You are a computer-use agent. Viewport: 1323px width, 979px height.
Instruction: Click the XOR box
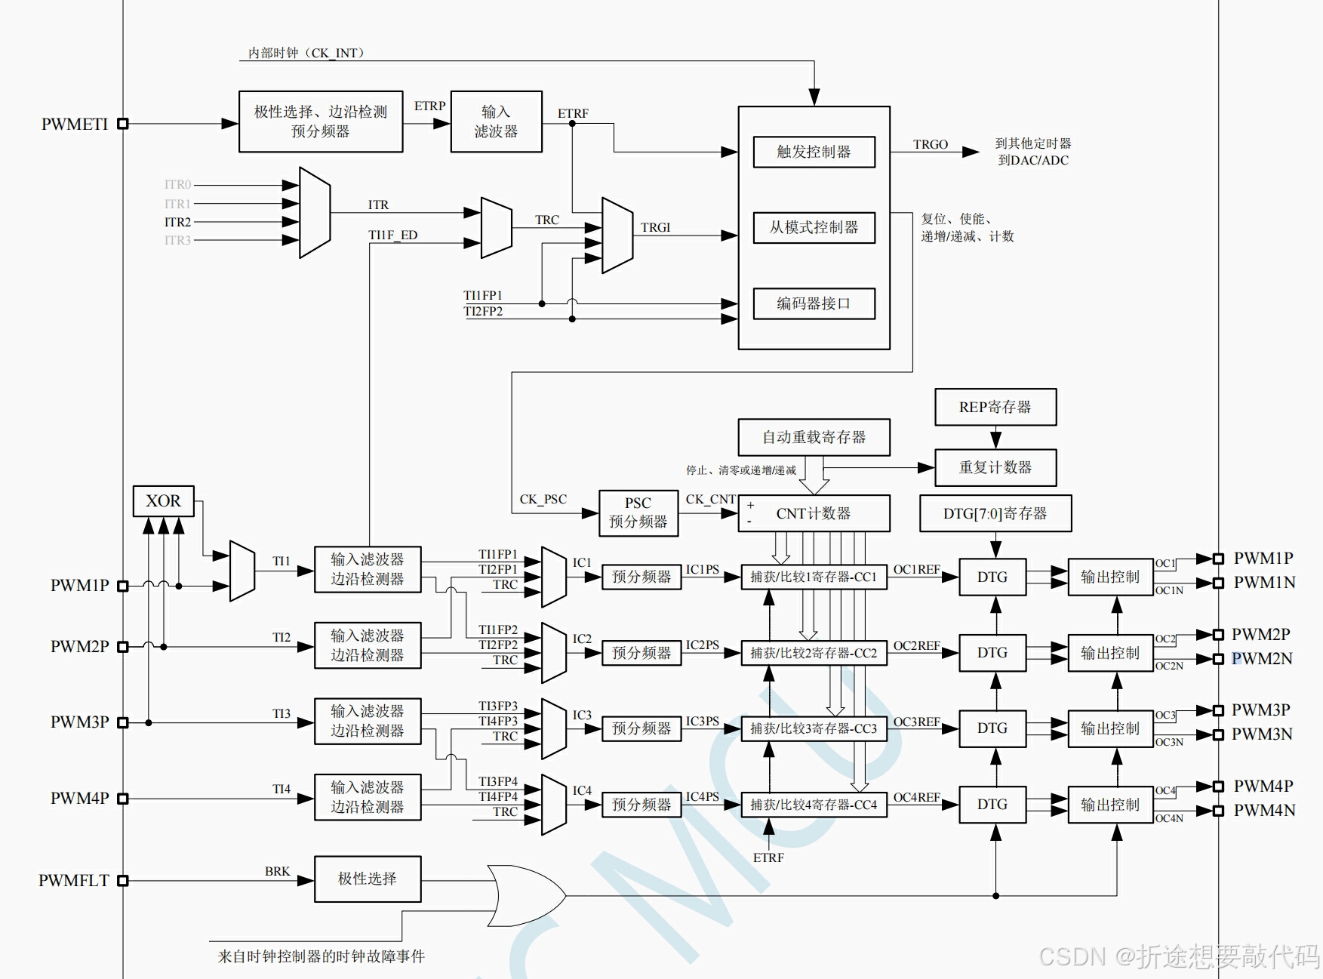tap(163, 501)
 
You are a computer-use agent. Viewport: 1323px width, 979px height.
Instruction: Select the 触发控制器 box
tap(814, 152)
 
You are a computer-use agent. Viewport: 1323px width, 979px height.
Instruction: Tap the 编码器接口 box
tap(814, 303)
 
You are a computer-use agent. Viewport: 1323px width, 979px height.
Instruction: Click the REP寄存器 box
tap(995, 408)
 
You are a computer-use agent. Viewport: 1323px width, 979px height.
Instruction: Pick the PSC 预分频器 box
tap(638, 513)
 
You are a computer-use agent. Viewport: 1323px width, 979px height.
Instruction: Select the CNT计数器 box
tap(814, 513)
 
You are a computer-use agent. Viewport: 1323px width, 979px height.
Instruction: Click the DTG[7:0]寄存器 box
tap(995, 513)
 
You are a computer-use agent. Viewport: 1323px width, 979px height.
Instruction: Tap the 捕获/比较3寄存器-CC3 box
tap(814, 728)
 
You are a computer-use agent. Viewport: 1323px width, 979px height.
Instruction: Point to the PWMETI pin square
tap(123, 124)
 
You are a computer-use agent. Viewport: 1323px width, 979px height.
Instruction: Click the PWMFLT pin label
tap(74, 880)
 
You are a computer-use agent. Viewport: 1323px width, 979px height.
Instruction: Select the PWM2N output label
tap(1262, 659)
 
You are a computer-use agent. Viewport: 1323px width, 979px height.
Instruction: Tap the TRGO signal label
tap(930, 144)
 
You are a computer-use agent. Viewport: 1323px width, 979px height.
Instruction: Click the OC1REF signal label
tap(916, 569)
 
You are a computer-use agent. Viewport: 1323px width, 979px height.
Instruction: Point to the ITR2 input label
tap(177, 222)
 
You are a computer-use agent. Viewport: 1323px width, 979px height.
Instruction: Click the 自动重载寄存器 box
tap(814, 437)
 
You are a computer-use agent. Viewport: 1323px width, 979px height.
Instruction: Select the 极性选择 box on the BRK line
tap(367, 879)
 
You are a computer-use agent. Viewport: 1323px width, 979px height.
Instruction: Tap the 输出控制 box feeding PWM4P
tap(1109, 805)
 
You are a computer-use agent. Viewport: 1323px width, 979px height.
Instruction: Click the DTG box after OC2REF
tap(992, 653)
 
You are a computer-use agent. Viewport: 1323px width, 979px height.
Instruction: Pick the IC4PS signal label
tap(702, 796)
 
